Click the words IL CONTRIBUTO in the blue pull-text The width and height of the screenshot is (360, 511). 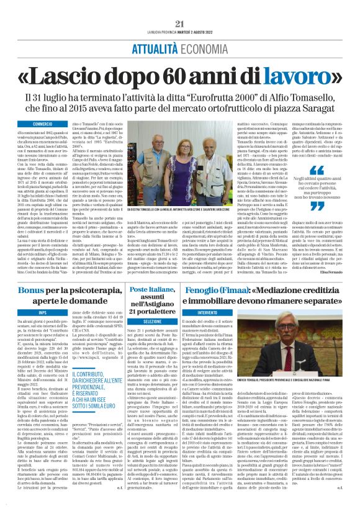pos(91,376)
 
